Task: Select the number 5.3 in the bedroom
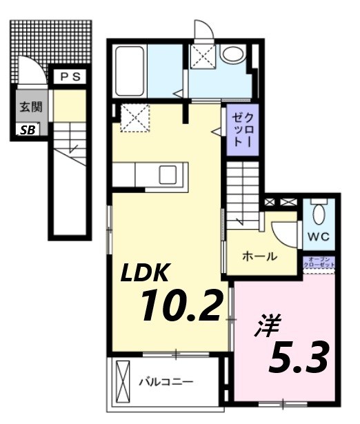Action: (x=297, y=356)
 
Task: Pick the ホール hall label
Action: (x=259, y=256)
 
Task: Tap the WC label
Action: (x=319, y=236)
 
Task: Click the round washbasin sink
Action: (x=232, y=54)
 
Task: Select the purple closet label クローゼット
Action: (x=239, y=130)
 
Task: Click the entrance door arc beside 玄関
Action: (x=32, y=74)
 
